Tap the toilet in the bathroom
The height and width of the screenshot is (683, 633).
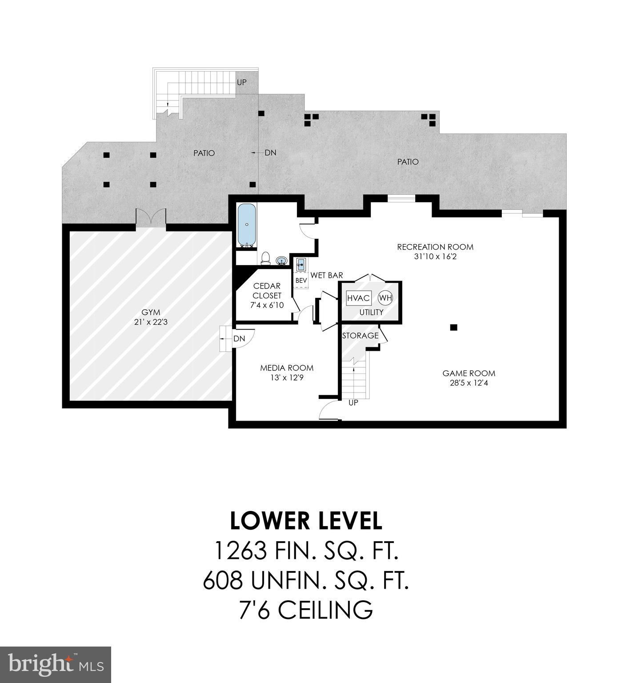(266, 257)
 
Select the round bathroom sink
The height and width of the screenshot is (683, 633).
(281, 261)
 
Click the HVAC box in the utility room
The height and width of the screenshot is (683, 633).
(359, 298)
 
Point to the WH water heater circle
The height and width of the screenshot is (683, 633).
(386, 298)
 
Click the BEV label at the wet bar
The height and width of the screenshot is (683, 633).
(301, 281)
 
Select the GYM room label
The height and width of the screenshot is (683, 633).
(151, 312)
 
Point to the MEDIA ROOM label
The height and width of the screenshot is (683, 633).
(287, 368)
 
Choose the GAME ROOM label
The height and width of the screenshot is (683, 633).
(469, 374)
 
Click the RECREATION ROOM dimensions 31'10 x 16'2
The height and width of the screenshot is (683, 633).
(435, 257)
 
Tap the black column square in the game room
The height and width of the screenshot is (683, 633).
(453, 328)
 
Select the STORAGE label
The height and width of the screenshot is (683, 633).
(360, 336)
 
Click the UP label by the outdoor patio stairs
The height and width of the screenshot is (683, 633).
(241, 82)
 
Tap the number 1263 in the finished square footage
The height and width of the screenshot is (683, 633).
(240, 551)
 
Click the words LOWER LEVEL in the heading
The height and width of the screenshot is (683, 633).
(306, 521)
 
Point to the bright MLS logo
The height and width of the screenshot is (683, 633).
(56, 664)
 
